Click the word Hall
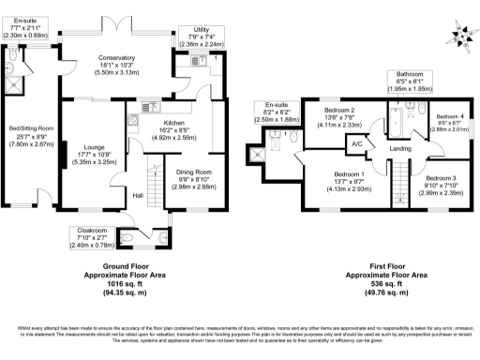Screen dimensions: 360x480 [x=136, y=195]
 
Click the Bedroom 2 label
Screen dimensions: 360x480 [x=339, y=110]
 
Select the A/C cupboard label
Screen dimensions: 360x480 [x=356, y=144]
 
